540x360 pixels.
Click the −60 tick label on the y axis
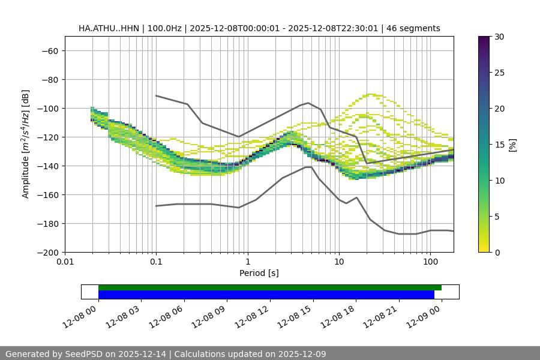pyautogui.click(x=49, y=51)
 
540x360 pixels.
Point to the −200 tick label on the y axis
pyautogui.click(x=47, y=253)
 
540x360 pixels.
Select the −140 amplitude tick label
pyautogui.click(x=47, y=166)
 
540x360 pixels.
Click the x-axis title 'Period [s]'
pyautogui.click(x=259, y=273)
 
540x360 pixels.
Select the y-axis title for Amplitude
pyautogui.click(x=25, y=144)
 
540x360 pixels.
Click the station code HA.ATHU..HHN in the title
pyautogui.click(x=107, y=29)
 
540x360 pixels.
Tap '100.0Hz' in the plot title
pyautogui.click(x=163, y=29)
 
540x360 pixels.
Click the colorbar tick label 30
pyautogui.click(x=499, y=37)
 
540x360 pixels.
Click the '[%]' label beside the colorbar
pyautogui.click(x=512, y=145)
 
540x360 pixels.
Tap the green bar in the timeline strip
pyautogui.click(x=270, y=287)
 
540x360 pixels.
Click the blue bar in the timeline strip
pyautogui.click(x=266, y=295)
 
